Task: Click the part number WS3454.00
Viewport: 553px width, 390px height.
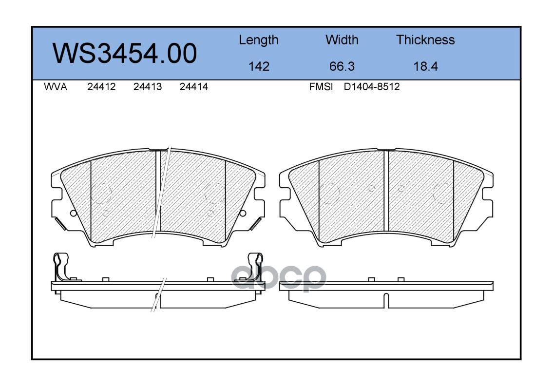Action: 125,53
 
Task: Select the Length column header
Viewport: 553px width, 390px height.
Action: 259,40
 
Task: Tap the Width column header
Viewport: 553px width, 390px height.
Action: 342,39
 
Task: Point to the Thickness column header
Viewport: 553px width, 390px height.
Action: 425,39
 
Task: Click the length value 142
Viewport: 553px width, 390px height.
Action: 259,66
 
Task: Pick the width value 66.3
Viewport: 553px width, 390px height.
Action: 342,66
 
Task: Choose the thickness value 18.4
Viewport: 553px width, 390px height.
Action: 425,66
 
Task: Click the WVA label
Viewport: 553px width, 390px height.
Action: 56,87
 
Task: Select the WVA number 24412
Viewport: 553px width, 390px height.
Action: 101,87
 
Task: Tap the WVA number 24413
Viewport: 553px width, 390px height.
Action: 148,87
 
